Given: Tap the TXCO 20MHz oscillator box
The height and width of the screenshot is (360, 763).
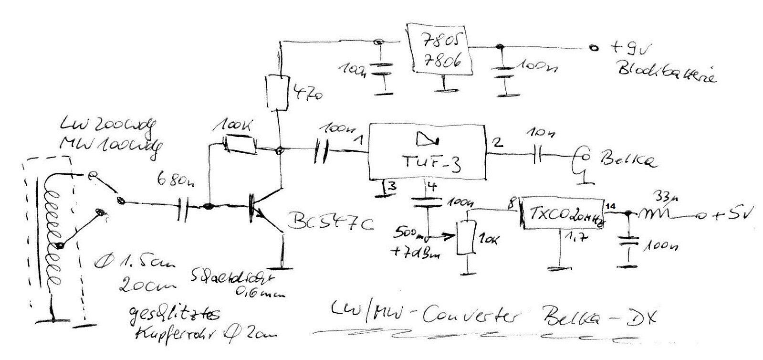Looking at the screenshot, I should click(561, 213).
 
